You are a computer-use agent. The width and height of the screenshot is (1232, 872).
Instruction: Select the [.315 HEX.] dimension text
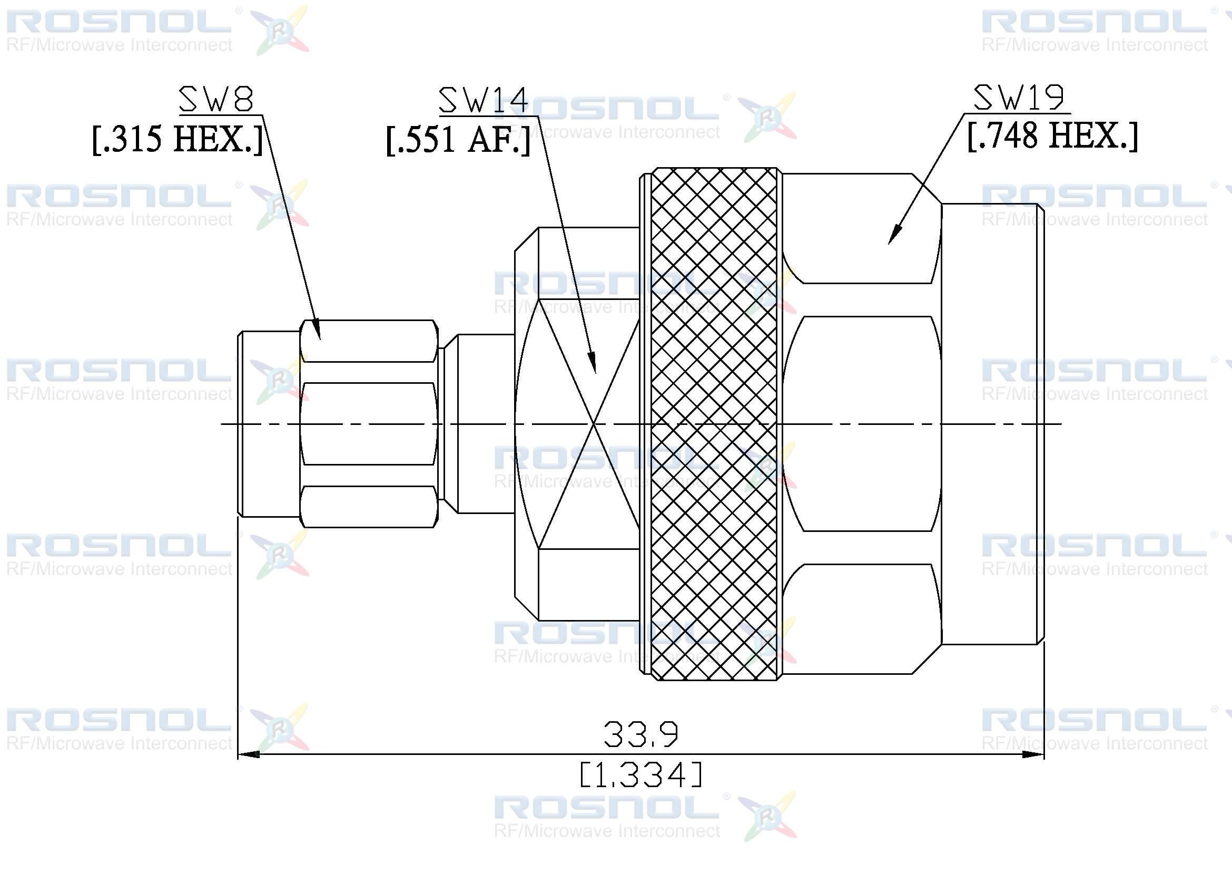(x=178, y=139)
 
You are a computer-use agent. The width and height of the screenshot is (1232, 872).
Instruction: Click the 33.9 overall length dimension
(x=641, y=734)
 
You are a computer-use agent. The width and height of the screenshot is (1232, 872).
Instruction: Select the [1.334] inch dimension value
(x=641, y=775)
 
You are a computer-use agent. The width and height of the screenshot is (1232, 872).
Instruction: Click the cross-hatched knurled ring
(x=714, y=424)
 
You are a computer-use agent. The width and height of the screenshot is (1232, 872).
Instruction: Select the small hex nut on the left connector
(x=369, y=424)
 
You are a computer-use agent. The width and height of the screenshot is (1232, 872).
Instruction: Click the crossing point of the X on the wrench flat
(x=595, y=424)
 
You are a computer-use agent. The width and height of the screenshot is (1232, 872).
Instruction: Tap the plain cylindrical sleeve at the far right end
(x=993, y=424)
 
